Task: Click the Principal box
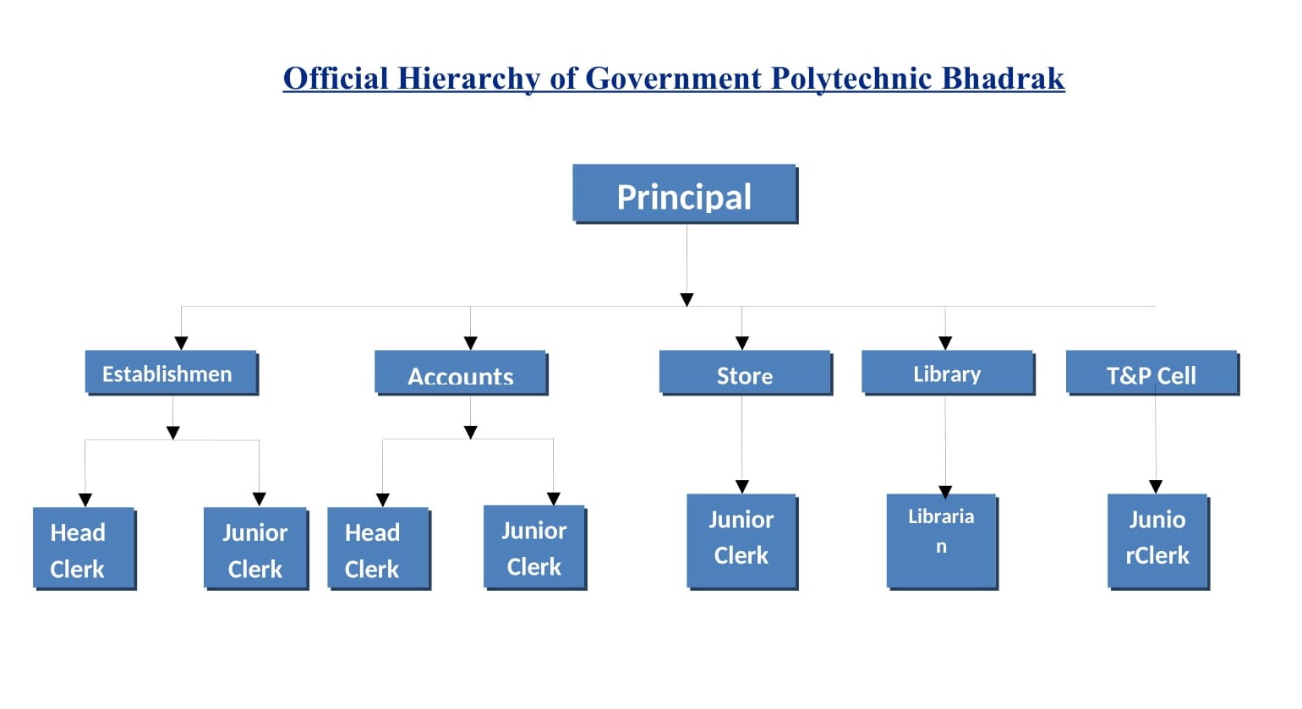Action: [x=685, y=194]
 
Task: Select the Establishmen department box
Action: [x=172, y=373]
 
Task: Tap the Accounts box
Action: [x=461, y=373]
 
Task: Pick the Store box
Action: [x=746, y=373]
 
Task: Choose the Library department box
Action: [x=948, y=373]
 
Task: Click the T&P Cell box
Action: [x=1152, y=373]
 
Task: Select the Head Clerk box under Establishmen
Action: [x=85, y=548]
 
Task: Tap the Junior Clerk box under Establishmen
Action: [x=255, y=548]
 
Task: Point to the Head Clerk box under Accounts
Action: [x=379, y=548]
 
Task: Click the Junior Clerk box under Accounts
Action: [x=534, y=548]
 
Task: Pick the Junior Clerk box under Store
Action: [x=742, y=542]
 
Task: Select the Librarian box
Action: [x=942, y=542]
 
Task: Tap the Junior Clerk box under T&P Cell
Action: [x=1158, y=542]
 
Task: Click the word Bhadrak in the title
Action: [x=1004, y=79]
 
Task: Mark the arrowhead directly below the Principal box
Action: [x=687, y=300]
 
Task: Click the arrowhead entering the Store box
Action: [x=741, y=343]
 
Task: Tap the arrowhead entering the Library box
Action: [x=945, y=343]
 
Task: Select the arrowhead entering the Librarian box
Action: [x=945, y=492]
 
